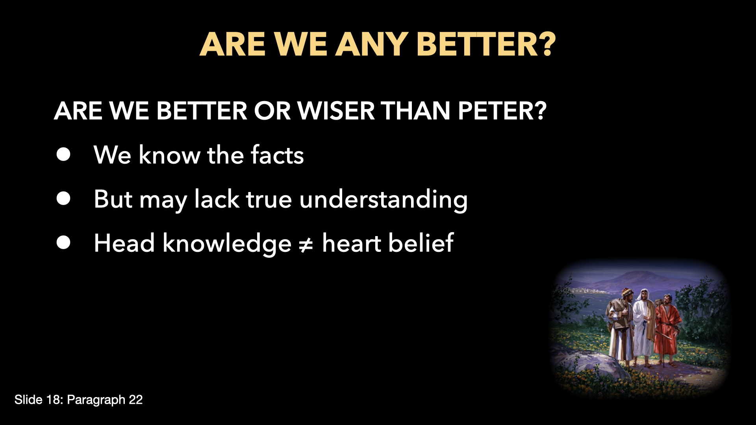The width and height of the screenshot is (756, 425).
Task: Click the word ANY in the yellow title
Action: click(x=372, y=44)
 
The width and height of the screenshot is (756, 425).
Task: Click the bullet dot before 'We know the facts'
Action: click(x=63, y=154)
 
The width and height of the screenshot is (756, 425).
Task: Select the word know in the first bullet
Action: click(x=170, y=154)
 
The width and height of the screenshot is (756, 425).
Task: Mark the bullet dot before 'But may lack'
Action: click(x=63, y=199)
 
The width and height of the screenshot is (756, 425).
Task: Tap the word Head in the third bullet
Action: click(x=124, y=242)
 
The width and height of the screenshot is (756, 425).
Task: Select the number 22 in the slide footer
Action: click(x=136, y=400)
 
